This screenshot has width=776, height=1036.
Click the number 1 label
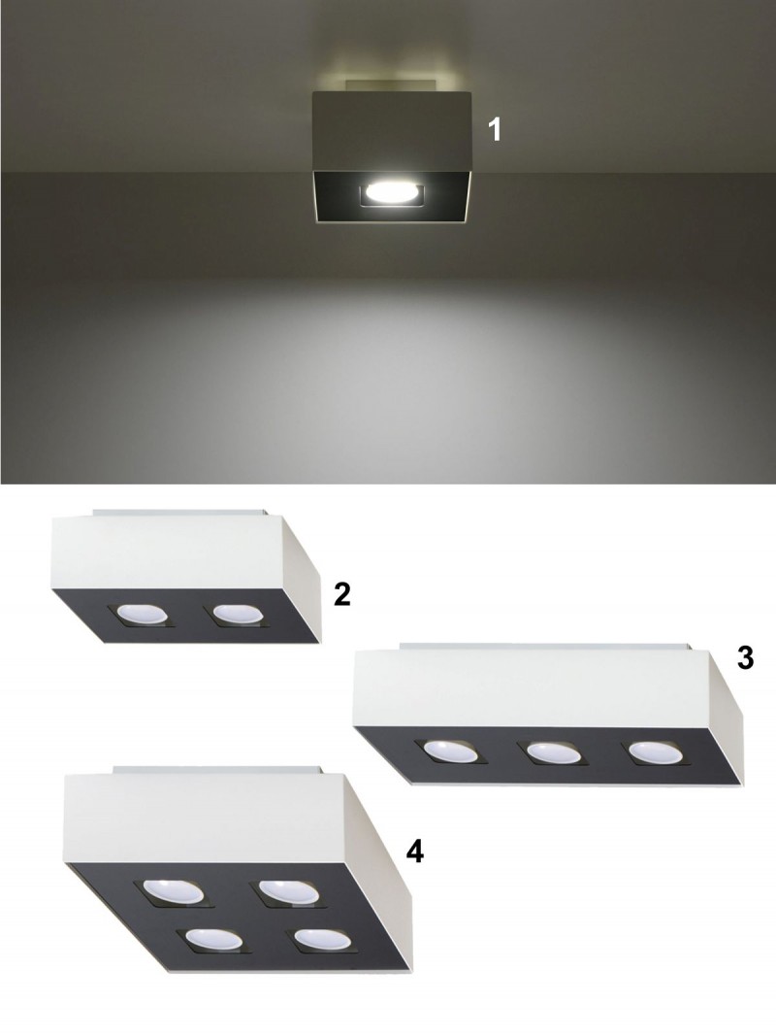tap(494, 129)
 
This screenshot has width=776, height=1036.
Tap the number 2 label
tap(341, 594)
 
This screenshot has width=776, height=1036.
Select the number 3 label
tap(744, 658)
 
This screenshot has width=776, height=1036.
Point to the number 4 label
tap(414, 852)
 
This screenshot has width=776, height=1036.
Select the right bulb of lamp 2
tap(235, 614)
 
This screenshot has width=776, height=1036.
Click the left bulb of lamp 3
tap(449, 750)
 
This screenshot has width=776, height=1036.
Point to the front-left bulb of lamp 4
tap(212, 940)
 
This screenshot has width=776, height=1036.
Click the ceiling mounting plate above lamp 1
tap(392, 86)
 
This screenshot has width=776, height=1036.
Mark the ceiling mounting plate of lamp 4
tap(217, 770)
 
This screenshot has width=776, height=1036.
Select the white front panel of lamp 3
tap(529, 687)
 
